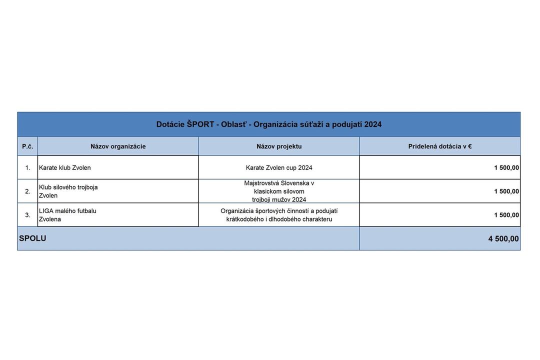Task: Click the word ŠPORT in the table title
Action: pyautogui.click(x=200, y=124)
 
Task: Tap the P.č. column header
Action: pyautogui.click(x=27, y=146)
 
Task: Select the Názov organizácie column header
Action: pyautogui.click(x=118, y=146)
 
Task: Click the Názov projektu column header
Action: pyautogui.click(x=279, y=146)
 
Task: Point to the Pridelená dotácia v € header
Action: pyautogui.click(x=440, y=146)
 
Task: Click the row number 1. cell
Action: pyautogui.click(x=27, y=168)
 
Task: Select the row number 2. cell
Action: pyautogui.click(x=27, y=191)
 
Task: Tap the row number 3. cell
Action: pyautogui.click(x=27, y=215)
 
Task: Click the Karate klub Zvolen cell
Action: pyautogui.click(x=65, y=168)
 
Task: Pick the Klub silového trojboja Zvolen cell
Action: pyautogui.click(x=68, y=191)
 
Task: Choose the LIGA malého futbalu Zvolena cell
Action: pyautogui.click(x=67, y=215)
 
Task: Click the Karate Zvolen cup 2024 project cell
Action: pyautogui.click(x=279, y=168)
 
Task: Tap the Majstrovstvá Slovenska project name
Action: pyautogui.click(x=279, y=191)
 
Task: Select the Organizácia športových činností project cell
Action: pyautogui.click(x=279, y=215)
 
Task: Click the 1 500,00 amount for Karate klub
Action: pyautogui.click(x=506, y=168)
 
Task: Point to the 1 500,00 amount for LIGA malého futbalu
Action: pyautogui.click(x=506, y=215)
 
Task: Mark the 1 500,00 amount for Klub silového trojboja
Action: pyautogui.click(x=506, y=191)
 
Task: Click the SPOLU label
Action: pyautogui.click(x=32, y=238)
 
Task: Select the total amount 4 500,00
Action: pyautogui.click(x=503, y=239)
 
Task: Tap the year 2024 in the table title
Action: pyautogui.click(x=373, y=124)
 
